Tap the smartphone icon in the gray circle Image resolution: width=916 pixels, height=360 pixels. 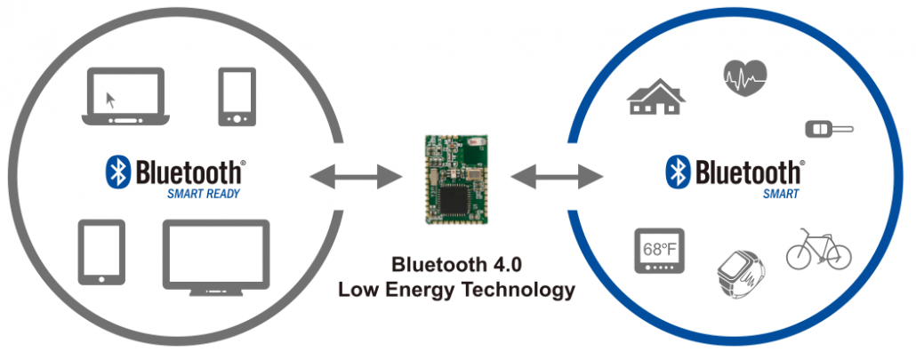click(237, 96)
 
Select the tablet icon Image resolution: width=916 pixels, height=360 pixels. click(100, 252)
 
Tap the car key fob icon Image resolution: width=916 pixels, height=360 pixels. click(828, 130)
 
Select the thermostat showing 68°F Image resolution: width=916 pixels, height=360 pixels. click(658, 251)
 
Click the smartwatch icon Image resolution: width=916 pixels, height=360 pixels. click(739, 270)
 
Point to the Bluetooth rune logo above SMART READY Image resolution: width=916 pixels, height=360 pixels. click(118, 172)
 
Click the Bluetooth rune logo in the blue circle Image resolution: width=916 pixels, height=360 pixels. click(679, 172)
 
